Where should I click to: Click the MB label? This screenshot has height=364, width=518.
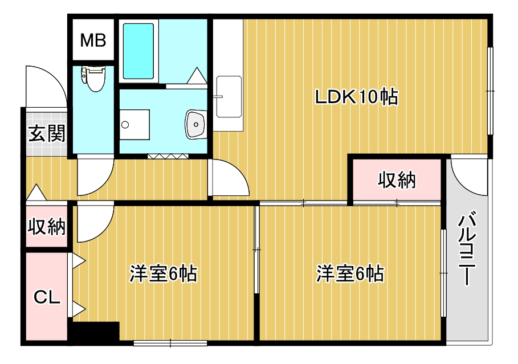[93, 41]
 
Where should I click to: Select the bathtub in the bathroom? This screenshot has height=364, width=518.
[138, 51]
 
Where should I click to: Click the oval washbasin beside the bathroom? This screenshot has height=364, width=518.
[195, 123]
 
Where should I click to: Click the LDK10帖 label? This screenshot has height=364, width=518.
[357, 97]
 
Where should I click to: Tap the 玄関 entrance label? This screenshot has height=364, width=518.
[47, 134]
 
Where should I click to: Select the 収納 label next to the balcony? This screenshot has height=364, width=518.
[397, 181]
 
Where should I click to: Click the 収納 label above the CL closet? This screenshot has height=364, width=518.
[47, 227]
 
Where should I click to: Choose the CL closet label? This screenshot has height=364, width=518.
[47, 297]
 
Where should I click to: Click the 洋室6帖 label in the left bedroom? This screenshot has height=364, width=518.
[163, 274]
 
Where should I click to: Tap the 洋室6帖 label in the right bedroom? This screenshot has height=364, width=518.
[350, 274]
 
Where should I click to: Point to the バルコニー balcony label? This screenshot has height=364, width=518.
[467, 249]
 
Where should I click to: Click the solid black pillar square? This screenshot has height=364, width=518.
[94, 332]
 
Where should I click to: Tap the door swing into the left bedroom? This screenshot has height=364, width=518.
[94, 223]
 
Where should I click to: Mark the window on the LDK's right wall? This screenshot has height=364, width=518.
[490, 91]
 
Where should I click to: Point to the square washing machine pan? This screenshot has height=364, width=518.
[134, 124]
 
